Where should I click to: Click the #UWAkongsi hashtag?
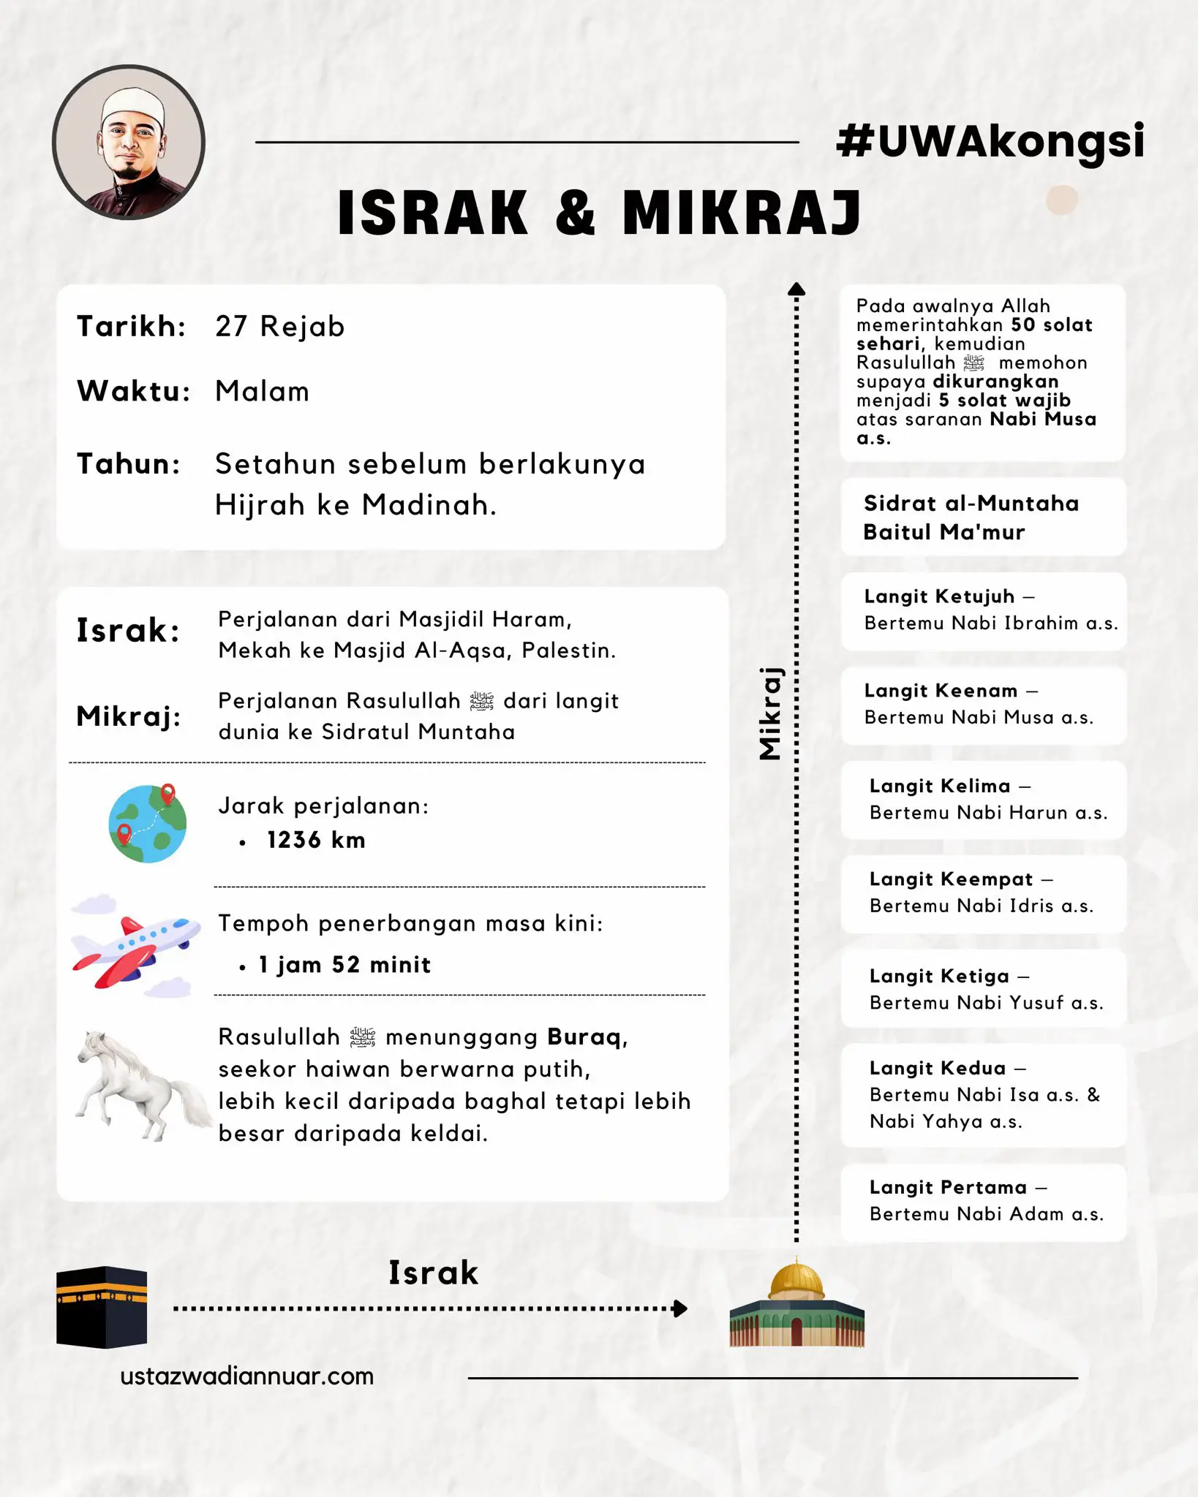tap(990, 141)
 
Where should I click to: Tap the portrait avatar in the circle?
tap(129, 143)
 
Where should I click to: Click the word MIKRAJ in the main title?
tap(742, 213)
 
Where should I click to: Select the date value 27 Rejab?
tap(279, 327)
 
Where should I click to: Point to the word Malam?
tap(262, 392)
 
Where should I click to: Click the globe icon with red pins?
tap(148, 824)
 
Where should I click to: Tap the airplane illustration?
tap(137, 947)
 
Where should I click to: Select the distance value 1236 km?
tap(316, 841)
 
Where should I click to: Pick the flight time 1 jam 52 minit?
tap(344, 965)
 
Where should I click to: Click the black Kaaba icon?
tap(102, 1308)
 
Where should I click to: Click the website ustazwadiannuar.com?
tap(246, 1376)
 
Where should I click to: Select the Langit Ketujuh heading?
tap(939, 596)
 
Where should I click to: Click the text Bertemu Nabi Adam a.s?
tap(986, 1214)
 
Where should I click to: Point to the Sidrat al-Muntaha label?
tap(971, 504)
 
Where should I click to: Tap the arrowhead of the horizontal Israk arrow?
tap(680, 1308)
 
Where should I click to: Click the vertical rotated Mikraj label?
tap(771, 713)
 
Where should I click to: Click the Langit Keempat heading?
tap(951, 879)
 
